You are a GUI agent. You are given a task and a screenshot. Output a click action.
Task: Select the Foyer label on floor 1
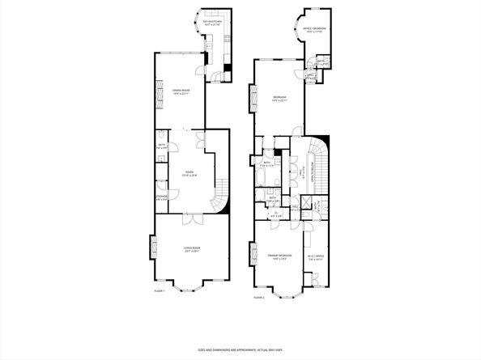(189, 173)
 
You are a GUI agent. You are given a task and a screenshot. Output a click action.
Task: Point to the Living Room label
(191, 249)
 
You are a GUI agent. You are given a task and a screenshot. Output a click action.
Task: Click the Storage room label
(161, 197)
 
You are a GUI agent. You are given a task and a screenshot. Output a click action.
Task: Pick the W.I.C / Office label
(316, 260)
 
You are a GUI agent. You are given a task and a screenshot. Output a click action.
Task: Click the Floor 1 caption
(159, 290)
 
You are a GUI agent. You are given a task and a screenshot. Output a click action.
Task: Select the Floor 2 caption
(259, 297)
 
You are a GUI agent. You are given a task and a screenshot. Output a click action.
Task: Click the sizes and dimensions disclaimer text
(240, 349)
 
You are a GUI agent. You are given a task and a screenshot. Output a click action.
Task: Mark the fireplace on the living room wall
(151, 246)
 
